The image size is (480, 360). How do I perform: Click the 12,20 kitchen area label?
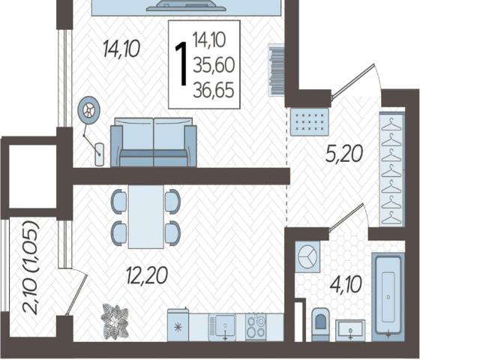click(x=147, y=275)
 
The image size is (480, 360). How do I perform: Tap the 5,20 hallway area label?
click(x=344, y=154)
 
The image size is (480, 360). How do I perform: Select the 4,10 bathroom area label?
click(x=346, y=284)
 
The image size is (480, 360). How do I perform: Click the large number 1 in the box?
click(x=181, y=64)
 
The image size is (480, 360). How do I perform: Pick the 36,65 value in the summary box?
click(x=214, y=91)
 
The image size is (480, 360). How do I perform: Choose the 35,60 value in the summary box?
click(x=214, y=65)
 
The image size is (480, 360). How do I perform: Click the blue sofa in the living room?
click(x=153, y=142)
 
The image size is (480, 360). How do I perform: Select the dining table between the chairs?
click(x=146, y=217)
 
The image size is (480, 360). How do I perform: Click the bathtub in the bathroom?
click(x=388, y=297)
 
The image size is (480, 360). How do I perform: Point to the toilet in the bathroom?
click(x=320, y=324)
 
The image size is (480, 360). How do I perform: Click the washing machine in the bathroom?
click(x=307, y=256)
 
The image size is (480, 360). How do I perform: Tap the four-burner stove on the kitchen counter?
click(x=256, y=327)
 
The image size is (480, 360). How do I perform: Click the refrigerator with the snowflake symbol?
click(x=178, y=325)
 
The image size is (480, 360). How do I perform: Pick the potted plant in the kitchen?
click(x=115, y=322)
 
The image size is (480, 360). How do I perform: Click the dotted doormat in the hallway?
click(x=309, y=121)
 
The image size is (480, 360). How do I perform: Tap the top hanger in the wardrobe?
click(x=391, y=124)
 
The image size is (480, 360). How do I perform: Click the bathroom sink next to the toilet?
click(x=350, y=331)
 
